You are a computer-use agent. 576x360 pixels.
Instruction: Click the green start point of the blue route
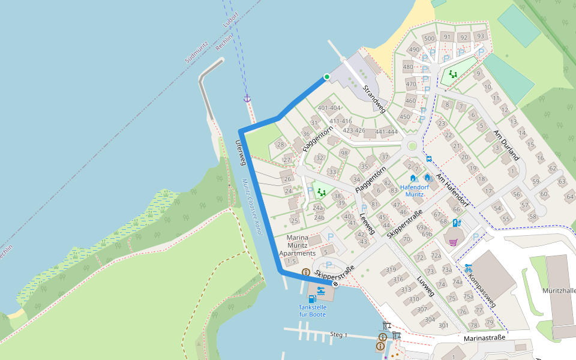(327, 77)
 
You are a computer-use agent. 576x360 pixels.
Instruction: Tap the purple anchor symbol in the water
(247, 98)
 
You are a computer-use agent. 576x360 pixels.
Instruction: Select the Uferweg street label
(241, 152)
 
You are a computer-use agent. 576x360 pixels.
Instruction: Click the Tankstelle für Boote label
(313, 311)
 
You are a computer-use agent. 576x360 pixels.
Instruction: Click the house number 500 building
(429, 38)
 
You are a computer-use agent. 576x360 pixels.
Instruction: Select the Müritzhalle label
(559, 290)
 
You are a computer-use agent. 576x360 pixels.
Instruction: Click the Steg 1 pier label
(339, 334)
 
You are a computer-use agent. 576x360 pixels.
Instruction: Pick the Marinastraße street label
(484, 338)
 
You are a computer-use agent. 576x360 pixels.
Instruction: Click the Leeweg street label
(367, 223)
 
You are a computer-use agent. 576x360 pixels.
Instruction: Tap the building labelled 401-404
(329, 108)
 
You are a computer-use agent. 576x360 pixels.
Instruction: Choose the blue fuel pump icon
(312, 298)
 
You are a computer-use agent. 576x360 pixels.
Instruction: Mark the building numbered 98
(344, 153)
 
